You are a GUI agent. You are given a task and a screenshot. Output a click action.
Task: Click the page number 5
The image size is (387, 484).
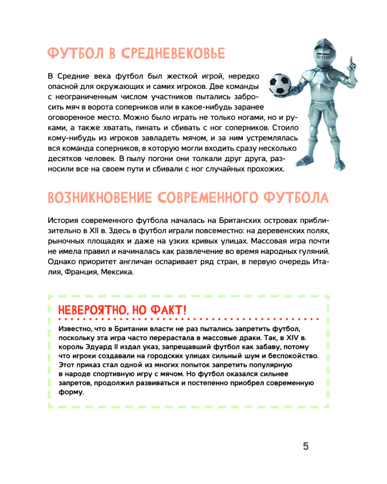tap(306, 446)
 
